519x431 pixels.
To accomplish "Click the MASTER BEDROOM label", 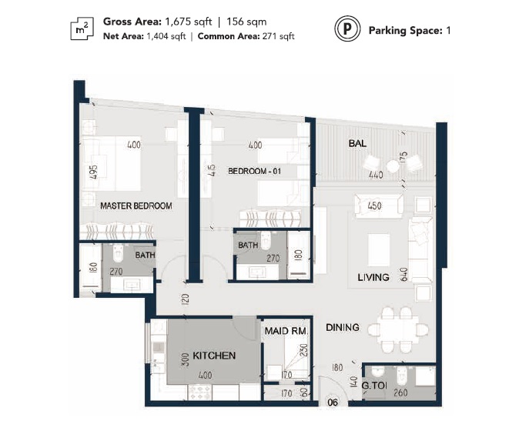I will (136, 206).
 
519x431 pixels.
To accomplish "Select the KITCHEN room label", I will (214, 355).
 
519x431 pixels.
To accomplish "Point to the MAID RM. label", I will (286, 331).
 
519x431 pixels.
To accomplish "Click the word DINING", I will (342, 327).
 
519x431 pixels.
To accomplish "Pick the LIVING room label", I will (373, 277).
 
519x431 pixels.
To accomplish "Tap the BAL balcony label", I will (357, 143).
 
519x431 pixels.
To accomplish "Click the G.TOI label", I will (373, 386).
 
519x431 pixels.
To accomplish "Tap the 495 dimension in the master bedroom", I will (93, 172).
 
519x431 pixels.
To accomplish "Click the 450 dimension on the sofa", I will (375, 206).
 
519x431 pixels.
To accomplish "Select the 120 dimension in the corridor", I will (186, 297).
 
